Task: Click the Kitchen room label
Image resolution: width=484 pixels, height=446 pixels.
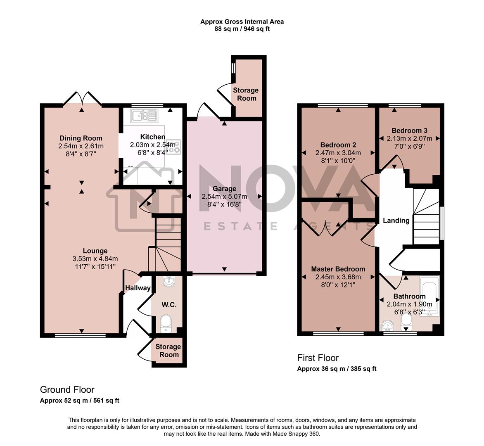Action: (152, 137)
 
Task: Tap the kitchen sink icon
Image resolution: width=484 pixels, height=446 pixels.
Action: (144, 115)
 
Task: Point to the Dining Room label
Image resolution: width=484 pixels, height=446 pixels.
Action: (81, 138)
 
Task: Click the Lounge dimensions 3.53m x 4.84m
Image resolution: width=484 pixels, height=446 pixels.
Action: (95, 259)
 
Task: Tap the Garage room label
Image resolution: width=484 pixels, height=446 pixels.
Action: (224, 189)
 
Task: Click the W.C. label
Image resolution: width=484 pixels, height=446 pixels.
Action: (169, 305)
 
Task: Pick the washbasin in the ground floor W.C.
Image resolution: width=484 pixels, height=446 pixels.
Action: (168, 282)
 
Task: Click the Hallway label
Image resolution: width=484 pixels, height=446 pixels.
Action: (138, 288)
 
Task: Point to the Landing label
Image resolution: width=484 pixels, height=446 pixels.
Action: (396, 221)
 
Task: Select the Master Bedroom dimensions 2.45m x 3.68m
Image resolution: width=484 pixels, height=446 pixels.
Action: (338, 277)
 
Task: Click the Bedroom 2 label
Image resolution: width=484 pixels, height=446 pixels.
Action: (338, 145)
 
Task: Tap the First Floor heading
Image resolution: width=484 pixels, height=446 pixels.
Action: (318, 358)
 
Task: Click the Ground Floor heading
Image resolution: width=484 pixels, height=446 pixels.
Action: (67, 389)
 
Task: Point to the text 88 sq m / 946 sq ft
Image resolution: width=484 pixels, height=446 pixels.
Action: (242, 29)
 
